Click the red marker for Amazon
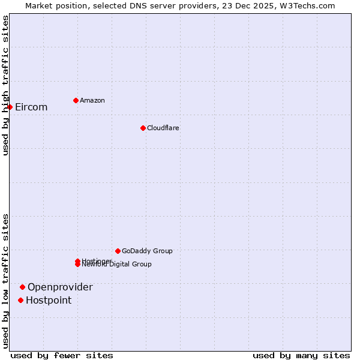76,100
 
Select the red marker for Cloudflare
143,128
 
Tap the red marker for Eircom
10,107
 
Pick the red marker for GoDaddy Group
118,251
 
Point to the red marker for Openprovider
22,287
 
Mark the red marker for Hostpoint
20,300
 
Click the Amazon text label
92,100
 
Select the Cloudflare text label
163,128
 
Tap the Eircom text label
31,107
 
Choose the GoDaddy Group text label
147,251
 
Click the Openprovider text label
60,287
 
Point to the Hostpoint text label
49,301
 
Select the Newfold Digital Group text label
117,265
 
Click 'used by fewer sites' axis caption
62,355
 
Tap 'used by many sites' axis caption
301,355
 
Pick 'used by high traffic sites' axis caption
5,85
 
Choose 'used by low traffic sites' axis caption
5,281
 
